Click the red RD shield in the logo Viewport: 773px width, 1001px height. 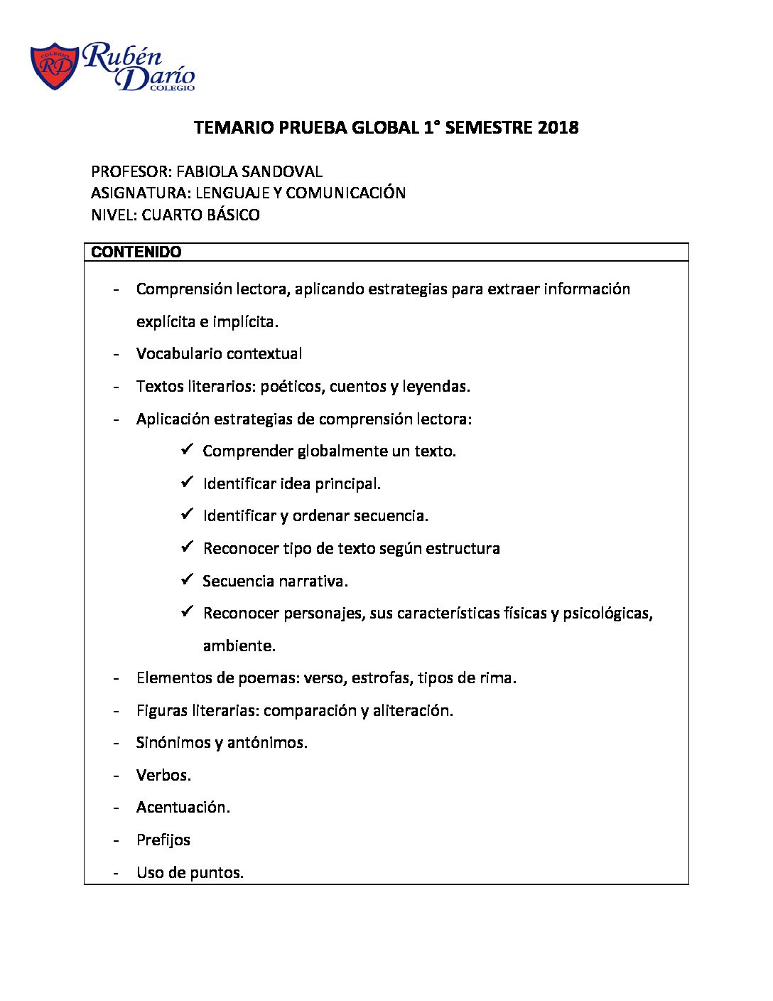pyautogui.click(x=54, y=66)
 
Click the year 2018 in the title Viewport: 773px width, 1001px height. pyautogui.click(x=558, y=128)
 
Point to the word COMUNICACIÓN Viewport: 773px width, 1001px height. pyautogui.click(x=346, y=193)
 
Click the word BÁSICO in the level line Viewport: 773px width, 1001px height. pyautogui.click(x=233, y=215)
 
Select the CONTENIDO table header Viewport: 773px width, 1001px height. pyautogui.click(x=136, y=252)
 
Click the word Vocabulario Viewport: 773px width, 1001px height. pyautogui.click(x=179, y=353)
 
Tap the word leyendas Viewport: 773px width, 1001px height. pyautogui.click(x=436, y=387)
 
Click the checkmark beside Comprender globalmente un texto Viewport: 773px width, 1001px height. pyautogui.click(x=188, y=450)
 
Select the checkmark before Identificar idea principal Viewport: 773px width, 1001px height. pyautogui.click(x=188, y=482)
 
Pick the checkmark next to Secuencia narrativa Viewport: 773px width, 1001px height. pyautogui.click(x=188, y=579)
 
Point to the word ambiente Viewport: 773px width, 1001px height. pyautogui.click(x=238, y=646)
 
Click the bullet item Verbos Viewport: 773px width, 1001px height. pyautogui.click(x=163, y=775)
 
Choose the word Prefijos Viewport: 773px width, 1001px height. pyautogui.click(x=163, y=840)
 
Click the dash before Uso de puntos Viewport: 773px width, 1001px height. pyautogui.click(x=116, y=873)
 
